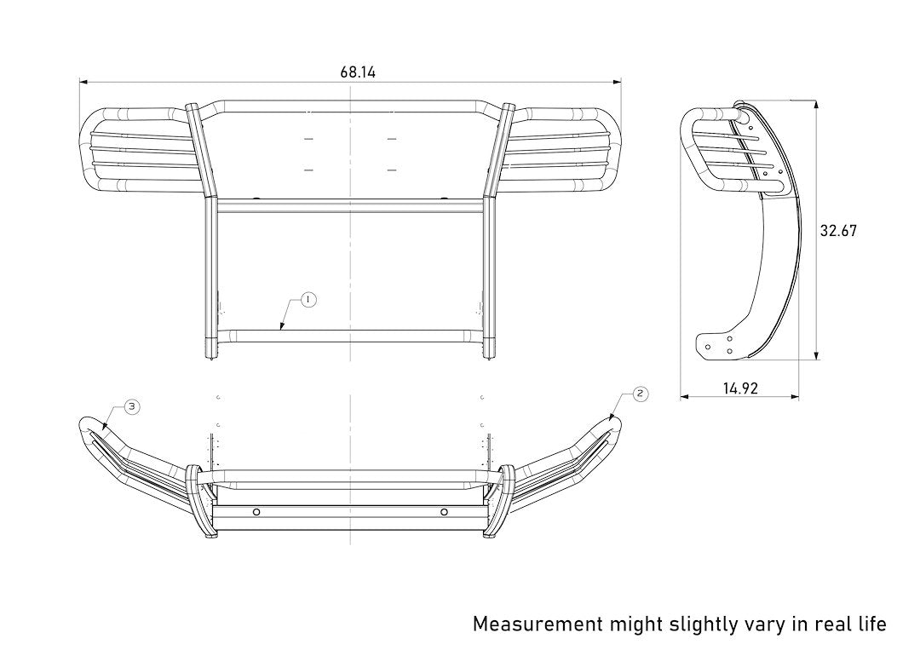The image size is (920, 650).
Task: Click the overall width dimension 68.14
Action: tap(358, 72)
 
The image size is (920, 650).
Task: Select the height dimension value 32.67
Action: tap(838, 231)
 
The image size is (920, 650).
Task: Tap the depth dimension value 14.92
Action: tap(741, 388)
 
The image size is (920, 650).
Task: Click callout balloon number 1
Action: tap(308, 299)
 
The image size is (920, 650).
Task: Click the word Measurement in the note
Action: tap(538, 624)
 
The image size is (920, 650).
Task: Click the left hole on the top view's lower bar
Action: tap(255, 512)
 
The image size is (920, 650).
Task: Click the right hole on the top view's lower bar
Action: tap(444, 512)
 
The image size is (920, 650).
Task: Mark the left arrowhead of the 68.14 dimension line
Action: tap(82, 82)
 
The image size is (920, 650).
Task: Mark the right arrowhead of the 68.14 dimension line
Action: tap(618, 82)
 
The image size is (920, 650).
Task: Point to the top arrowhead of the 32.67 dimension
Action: tap(816, 104)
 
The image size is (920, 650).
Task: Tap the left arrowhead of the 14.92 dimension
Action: tap(684, 397)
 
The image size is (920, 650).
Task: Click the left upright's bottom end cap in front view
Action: tap(210, 349)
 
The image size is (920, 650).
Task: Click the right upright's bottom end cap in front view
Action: tap(491, 349)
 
